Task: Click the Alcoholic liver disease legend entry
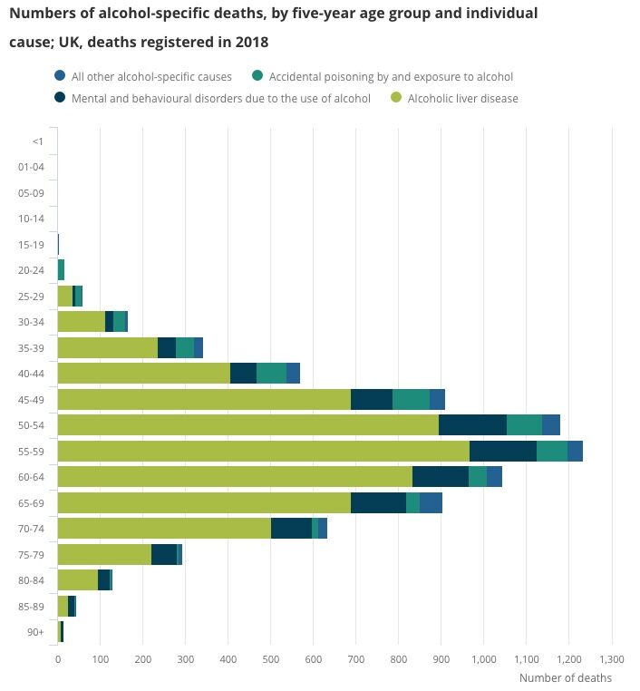pyautogui.click(x=462, y=98)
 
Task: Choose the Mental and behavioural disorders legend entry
pyautogui.click(x=213, y=98)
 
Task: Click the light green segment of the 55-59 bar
pyautogui.click(x=263, y=451)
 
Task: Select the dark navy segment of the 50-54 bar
pyautogui.click(x=472, y=424)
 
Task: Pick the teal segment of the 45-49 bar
pyautogui.click(x=411, y=399)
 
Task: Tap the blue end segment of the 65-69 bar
pyautogui.click(x=431, y=502)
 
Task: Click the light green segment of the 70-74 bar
pyautogui.click(x=164, y=528)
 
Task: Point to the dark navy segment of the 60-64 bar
pyautogui.click(x=440, y=476)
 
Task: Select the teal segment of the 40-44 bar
pyautogui.click(x=271, y=373)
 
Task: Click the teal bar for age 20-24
pyautogui.click(x=61, y=269)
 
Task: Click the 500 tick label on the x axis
pyautogui.click(x=270, y=659)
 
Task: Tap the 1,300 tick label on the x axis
pyautogui.click(x=612, y=659)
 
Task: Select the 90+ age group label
pyautogui.click(x=35, y=631)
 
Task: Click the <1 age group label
pyautogui.click(x=37, y=141)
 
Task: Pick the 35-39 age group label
pyautogui.click(x=31, y=347)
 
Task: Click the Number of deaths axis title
pyautogui.click(x=565, y=677)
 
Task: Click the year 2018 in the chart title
pyautogui.click(x=252, y=43)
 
